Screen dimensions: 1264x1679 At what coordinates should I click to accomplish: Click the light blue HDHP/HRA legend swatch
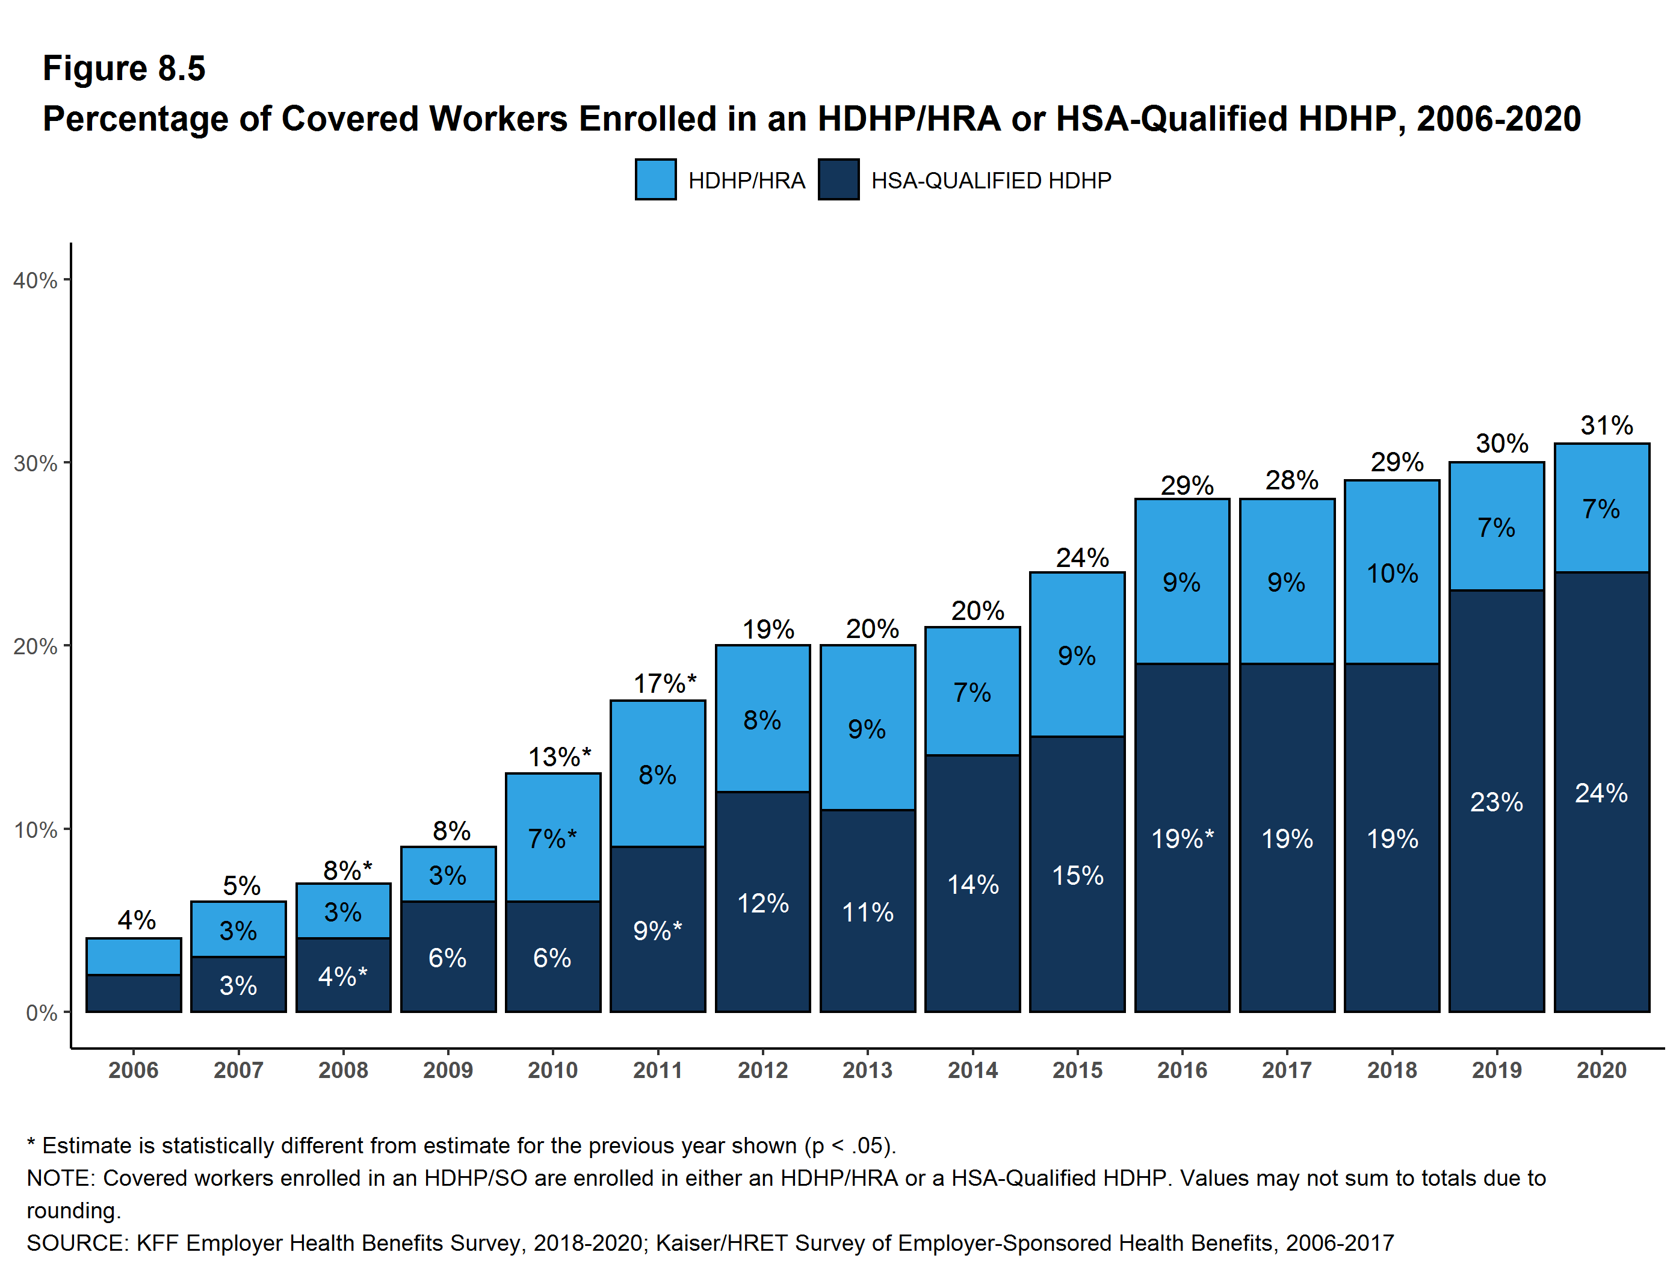click(655, 180)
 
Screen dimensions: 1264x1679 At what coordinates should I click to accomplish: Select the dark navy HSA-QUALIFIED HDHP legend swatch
click(838, 180)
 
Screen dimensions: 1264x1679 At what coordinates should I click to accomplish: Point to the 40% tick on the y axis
click(36, 280)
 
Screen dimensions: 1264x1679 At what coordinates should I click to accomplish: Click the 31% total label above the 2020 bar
click(1606, 425)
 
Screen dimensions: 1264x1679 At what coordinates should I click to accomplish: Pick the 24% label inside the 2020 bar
click(1601, 793)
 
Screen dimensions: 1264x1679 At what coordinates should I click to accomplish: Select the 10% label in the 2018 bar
click(1392, 573)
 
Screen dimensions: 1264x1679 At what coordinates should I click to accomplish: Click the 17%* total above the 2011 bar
click(664, 683)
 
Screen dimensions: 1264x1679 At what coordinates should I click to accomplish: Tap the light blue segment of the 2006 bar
click(134, 956)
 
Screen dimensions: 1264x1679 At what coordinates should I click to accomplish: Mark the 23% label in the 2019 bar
click(1496, 802)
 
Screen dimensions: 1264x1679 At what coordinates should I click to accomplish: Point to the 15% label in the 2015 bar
click(1077, 875)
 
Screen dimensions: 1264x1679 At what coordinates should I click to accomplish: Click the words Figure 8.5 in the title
click(124, 69)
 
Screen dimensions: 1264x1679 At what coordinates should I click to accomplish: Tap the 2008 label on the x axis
click(343, 1070)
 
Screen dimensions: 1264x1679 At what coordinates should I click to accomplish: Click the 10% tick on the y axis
click(36, 830)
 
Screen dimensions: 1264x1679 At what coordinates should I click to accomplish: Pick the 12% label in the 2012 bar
click(763, 903)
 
